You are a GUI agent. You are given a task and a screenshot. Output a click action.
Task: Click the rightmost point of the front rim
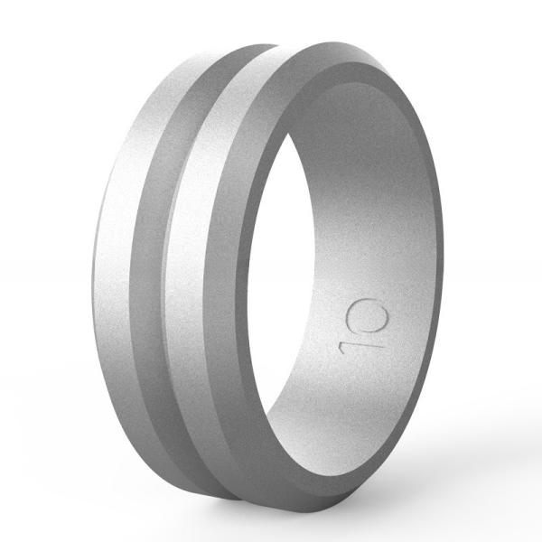click(443, 271)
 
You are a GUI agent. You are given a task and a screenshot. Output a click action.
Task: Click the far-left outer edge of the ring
click(90, 271)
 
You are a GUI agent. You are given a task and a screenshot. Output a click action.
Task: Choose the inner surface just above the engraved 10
click(370, 262)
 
